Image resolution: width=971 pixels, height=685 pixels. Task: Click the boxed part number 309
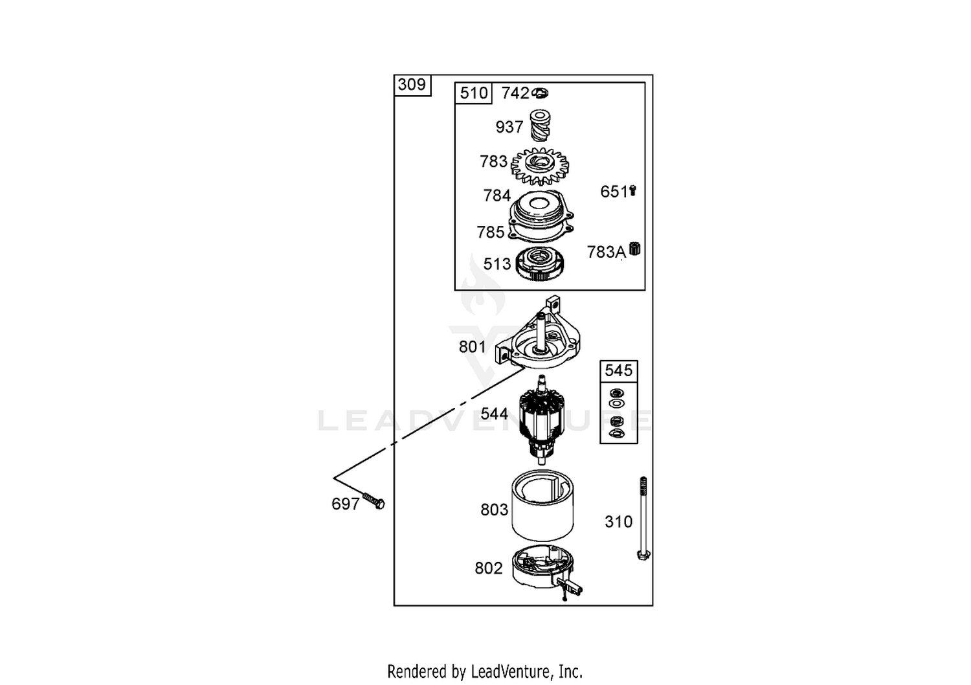(x=412, y=85)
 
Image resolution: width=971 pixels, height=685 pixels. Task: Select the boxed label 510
(x=474, y=93)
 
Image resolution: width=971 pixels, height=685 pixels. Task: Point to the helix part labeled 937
(x=540, y=126)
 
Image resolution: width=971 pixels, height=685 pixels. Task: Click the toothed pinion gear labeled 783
(x=540, y=166)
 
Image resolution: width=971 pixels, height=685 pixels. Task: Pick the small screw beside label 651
(x=632, y=191)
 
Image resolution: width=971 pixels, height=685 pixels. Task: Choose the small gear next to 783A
(x=634, y=249)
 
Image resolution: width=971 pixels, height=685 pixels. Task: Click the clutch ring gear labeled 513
(x=540, y=264)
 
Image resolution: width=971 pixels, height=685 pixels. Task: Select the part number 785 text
(x=491, y=232)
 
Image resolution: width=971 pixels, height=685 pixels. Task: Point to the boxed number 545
(x=619, y=371)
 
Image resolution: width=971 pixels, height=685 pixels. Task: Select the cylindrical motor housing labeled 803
(x=542, y=506)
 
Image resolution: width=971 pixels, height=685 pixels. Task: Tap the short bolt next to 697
(x=374, y=500)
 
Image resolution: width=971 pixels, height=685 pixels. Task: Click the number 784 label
(x=497, y=196)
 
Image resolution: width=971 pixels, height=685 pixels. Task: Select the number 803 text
(x=494, y=510)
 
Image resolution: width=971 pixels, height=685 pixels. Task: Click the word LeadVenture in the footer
(x=511, y=671)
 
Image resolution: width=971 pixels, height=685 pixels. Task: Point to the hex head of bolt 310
(x=643, y=555)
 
